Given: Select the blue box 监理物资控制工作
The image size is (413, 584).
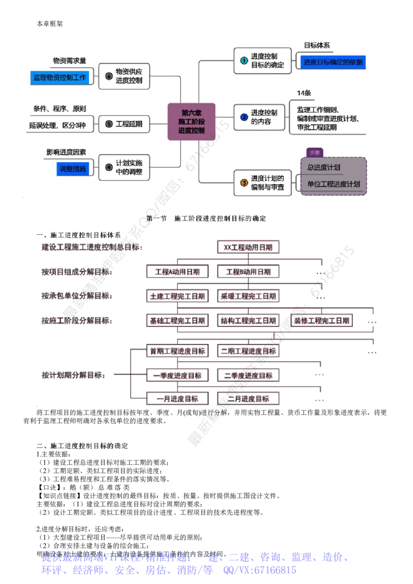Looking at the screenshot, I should click(59, 77).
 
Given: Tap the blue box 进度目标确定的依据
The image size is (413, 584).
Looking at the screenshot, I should click(333, 62).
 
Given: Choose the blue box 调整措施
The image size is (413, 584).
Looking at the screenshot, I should click(73, 169).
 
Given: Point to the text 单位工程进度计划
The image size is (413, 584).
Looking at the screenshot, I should click(333, 184).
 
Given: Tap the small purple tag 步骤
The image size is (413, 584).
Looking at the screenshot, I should click(314, 153).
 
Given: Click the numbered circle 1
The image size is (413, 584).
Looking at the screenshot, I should click(244, 61).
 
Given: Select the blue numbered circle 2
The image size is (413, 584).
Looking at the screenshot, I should click(244, 117).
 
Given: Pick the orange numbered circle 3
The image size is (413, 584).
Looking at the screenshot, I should click(244, 182).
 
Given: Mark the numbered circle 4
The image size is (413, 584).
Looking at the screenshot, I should click(108, 167).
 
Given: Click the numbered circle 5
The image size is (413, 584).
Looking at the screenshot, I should click(108, 124).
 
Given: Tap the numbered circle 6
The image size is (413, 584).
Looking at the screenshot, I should click(108, 76).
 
